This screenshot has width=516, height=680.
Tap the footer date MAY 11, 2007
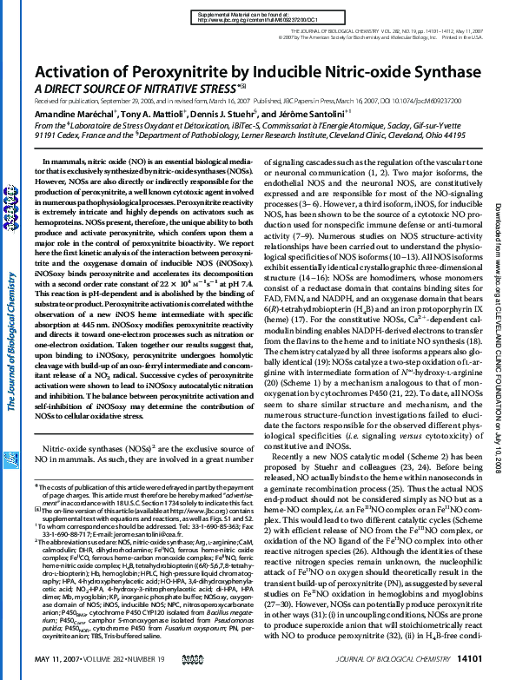[60, 661]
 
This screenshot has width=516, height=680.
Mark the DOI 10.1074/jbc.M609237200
[416, 102]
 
